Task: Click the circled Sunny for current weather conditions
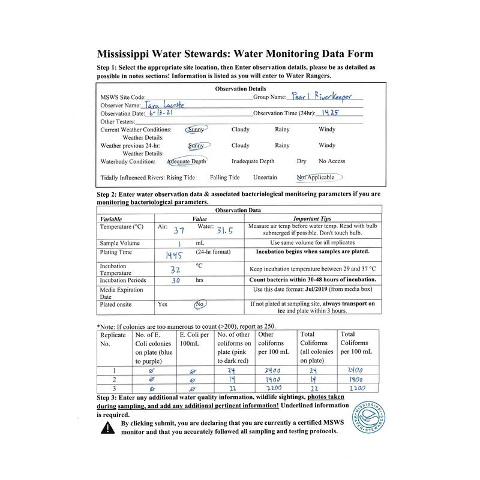pos(196,129)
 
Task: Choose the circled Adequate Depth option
pos(187,161)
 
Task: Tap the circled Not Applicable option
pos(319,177)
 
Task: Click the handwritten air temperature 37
pos(179,230)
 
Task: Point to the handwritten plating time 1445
pos(174,255)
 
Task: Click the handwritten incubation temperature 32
pos(175,269)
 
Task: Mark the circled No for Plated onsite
pos(200,304)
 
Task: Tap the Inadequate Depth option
pos(253,161)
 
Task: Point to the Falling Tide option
pos(224,178)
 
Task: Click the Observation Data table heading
pos(238,211)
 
